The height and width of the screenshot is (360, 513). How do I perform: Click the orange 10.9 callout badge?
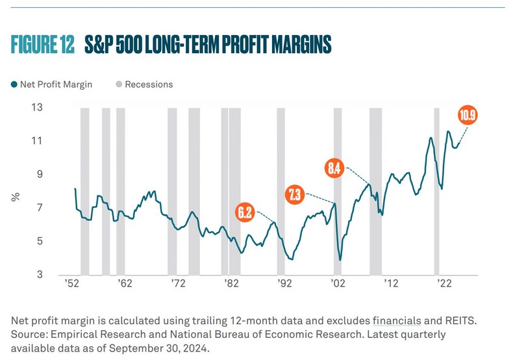tap(468, 116)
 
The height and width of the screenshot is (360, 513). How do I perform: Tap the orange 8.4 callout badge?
tap(334, 168)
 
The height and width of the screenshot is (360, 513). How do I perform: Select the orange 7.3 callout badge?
tap(295, 194)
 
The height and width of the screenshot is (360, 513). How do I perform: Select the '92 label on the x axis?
tap(284, 284)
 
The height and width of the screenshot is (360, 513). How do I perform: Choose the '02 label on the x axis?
tap(337, 284)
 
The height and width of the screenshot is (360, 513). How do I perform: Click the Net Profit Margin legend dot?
tap(14, 84)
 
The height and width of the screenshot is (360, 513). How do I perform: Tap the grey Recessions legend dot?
tap(119, 84)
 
